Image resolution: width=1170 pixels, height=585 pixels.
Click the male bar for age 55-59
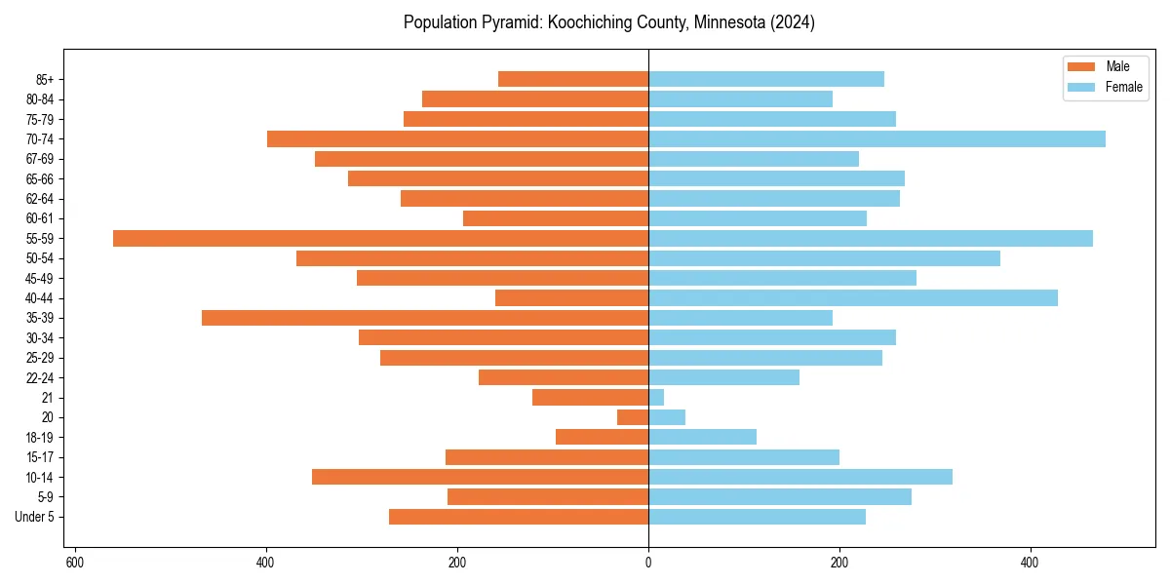click(380, 238)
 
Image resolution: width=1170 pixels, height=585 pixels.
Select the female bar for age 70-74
click(877, 138)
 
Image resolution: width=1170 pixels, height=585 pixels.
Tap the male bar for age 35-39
click(425, 318)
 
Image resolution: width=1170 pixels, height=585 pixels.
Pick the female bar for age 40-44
click(853, 297)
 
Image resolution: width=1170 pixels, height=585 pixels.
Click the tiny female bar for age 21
click(656, 397)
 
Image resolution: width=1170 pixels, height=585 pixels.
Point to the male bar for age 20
click(633, 417)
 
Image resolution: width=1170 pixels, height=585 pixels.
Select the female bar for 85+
click(766, 79)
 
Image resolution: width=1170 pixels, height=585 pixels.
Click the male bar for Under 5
click(519, 517)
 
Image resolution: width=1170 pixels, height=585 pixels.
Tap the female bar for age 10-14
click(800, 477)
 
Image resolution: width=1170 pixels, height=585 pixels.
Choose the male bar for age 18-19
click(602, 437)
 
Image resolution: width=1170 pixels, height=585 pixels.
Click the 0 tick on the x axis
click(648, 563)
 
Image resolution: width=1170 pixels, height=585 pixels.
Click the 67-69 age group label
click(40, 159)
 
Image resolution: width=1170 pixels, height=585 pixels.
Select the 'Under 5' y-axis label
click(34, 517)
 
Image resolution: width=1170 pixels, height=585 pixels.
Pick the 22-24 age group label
click(40, 377)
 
